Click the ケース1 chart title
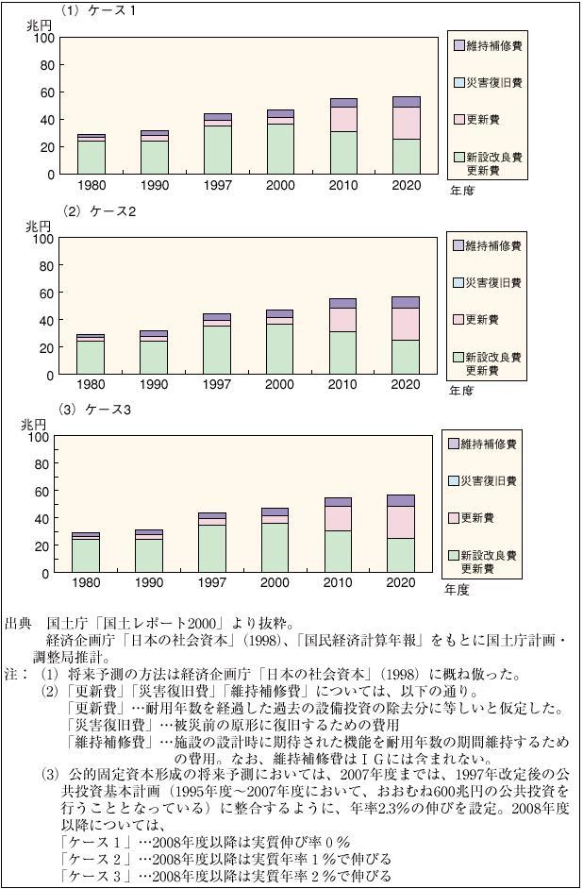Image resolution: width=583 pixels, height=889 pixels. pyautogui.click(x=98, y=11)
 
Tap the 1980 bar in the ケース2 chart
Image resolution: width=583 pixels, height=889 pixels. pyautogui.click(x=91, y=355)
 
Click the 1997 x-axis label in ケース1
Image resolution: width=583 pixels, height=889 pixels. pyautogui.click(x=218, y=185)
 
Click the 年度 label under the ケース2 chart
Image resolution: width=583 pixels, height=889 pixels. pyautogui.click(x=461, y=390)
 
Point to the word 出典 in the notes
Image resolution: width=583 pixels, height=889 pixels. pyautogui.click(x=18, y=624)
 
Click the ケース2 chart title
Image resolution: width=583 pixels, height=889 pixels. pyautogui.click(x=100, y=211)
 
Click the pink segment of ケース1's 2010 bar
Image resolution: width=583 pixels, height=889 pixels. pyautogui.click(x=343, y=119)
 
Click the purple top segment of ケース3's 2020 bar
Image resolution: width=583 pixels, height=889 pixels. pyautogui.click(x=400, y=500)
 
